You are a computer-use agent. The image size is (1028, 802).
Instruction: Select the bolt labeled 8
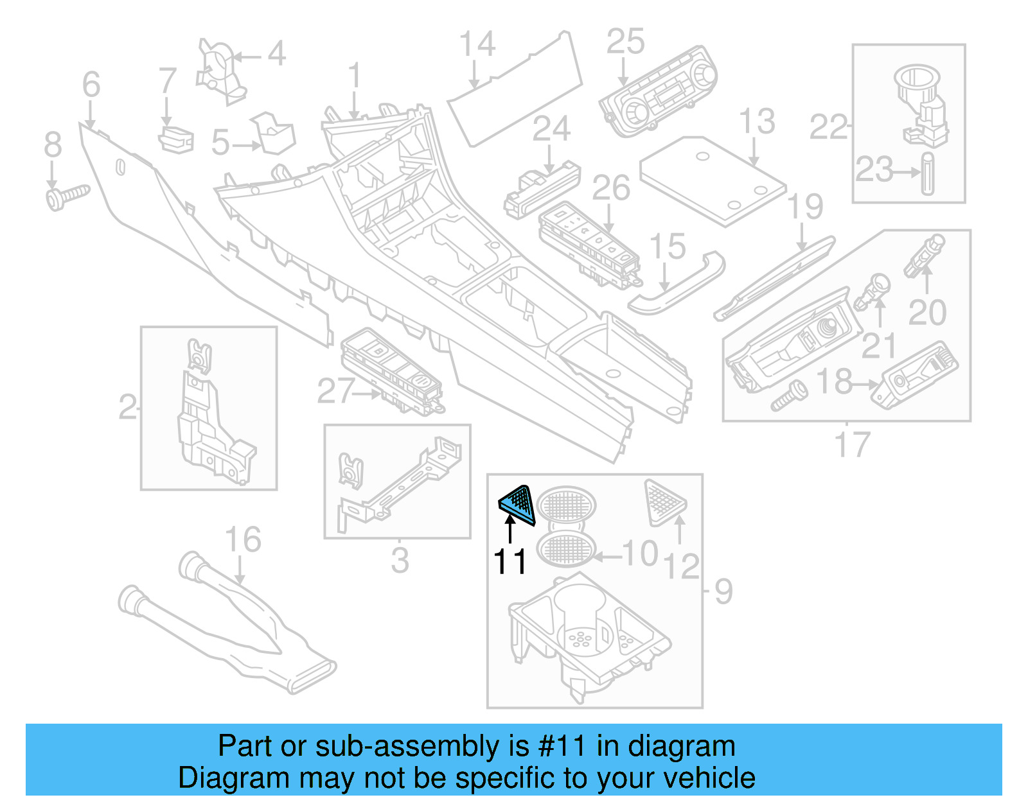coord(66,196)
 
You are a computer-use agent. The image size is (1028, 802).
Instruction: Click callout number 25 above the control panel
coord(625,42)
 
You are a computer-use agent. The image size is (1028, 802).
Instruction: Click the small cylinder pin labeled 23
coord(927,173)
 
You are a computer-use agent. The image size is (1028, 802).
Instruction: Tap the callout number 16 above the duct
coord(243,540)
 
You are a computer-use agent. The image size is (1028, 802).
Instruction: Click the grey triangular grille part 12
coord(664,501)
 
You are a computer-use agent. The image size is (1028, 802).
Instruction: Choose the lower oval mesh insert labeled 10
coord(566,550)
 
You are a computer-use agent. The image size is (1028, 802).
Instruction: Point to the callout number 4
coord(276,53)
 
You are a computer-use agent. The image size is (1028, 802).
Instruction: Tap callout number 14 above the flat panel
coord(477,44)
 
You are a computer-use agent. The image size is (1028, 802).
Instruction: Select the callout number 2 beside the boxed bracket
coord(127,407)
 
